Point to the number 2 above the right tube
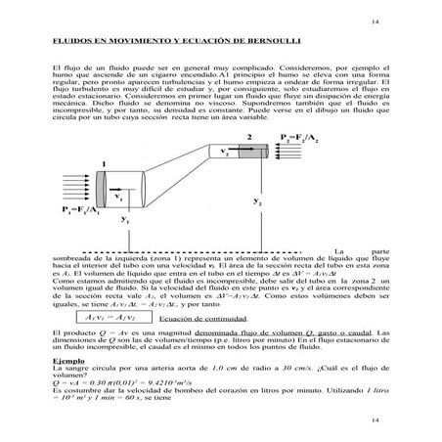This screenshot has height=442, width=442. coord(249,136)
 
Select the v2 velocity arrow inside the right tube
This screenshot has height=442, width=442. coord(233,153)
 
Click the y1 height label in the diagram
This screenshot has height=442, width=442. coord(124,222)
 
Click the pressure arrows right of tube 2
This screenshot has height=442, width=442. coord(298,155)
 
